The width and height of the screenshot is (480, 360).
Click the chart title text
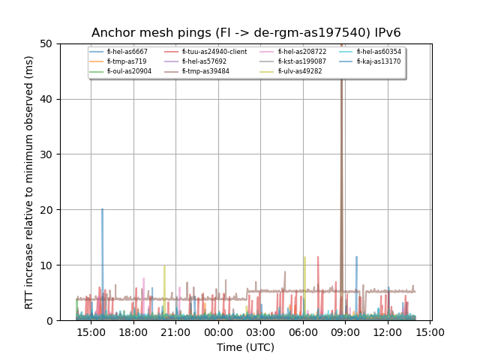(246, 33)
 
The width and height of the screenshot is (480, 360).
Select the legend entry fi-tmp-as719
(124, 61)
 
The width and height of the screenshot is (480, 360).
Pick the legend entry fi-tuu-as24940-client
(214, 52)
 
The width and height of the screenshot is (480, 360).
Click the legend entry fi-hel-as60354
(379, 52)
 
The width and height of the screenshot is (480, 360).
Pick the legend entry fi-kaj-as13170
(379, 61)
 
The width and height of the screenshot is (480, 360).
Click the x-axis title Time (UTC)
(246, 347)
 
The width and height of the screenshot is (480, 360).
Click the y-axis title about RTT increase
(29, 181)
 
